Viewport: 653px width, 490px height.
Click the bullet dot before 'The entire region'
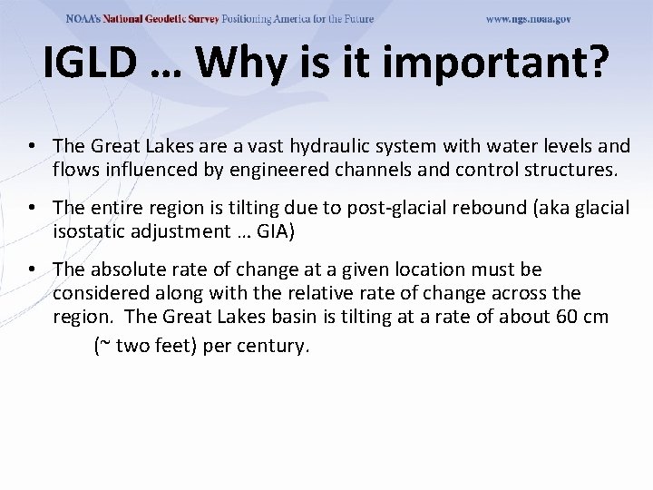(x=32, y=208)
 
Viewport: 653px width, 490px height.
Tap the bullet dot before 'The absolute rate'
(x=32, y=269)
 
